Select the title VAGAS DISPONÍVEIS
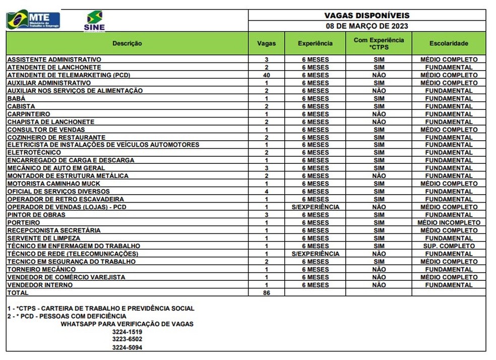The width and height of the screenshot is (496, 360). [366, 16]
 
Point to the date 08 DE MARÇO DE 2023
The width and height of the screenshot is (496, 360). [366, 26]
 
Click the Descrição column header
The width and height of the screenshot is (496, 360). [127, 43]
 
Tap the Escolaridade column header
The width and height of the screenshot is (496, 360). [449, 43]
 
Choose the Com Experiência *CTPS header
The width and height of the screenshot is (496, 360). [379, 43]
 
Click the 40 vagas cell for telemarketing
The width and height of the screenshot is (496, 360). [266, 75]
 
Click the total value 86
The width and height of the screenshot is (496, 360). [266, 293]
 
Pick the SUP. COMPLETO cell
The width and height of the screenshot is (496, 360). [449, 246]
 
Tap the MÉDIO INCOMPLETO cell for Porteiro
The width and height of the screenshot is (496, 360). [449, 223]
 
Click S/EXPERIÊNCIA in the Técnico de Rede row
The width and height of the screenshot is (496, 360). [315, 254]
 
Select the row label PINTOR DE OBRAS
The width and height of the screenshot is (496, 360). [36, 215]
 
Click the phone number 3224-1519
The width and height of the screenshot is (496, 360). [127, 332]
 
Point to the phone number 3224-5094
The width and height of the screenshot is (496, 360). [127, 347]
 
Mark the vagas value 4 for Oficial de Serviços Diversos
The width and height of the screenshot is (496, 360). [266, 192]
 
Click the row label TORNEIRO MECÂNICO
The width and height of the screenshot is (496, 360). [41, 269]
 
